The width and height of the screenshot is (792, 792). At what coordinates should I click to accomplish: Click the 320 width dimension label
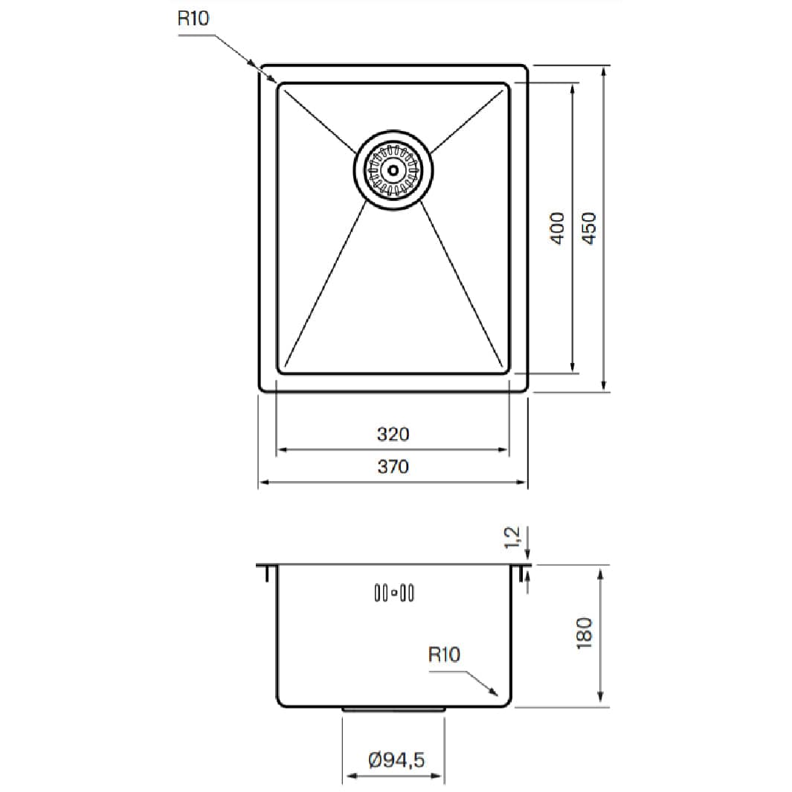coord(393,434)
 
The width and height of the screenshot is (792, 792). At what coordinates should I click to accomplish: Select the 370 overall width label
coord(393,466)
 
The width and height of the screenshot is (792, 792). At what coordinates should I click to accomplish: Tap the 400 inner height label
coord(557,228)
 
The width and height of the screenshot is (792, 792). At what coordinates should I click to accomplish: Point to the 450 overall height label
coord(590,228)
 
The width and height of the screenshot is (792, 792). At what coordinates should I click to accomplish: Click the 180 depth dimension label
coord(584,633)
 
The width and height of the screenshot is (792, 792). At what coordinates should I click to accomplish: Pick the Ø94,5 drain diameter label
coord(396,759)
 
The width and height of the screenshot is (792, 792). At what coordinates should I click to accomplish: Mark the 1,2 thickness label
coord(512,537)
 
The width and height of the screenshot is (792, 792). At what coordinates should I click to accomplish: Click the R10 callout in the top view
coord(193,18)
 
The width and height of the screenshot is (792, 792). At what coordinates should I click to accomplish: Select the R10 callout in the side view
coord(444,654)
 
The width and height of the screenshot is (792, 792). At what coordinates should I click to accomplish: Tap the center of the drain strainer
coord(393,170)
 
